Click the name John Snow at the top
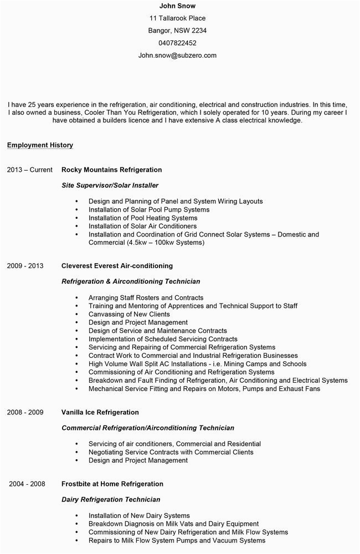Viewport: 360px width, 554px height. (177, 6)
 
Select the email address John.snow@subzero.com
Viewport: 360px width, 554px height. (177, 55)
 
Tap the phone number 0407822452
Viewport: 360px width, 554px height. (177, 43)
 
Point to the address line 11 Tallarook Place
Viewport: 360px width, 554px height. (177, 18)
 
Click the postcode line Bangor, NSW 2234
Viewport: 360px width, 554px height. (177, 30)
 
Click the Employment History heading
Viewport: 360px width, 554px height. (40, 145)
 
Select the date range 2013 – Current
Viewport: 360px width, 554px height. (30, 170)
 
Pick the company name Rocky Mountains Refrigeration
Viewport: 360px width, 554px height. (111, 170)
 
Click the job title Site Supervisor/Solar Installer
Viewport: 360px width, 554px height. (110, 185)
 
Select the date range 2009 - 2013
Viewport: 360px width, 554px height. (25, 266)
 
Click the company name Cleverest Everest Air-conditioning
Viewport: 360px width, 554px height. (117, 266)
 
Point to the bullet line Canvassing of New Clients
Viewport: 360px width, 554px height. (129, 314)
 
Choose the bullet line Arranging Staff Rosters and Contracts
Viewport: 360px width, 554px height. (146, 297)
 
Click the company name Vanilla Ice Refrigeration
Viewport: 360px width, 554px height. (100, 412)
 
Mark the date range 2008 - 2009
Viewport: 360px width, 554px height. (25, 412)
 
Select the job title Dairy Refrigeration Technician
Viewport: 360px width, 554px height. (111, 500)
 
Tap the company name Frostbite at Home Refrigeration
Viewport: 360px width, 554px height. (112, 484)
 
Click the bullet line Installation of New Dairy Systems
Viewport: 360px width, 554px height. (139, 516)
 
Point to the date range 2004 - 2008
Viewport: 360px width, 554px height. (27, 484)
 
